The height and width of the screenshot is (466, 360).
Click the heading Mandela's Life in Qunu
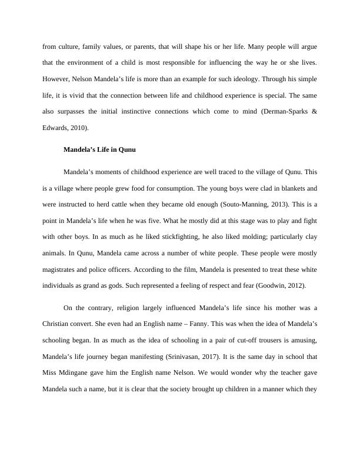pyautogui.click(x=99, y=150)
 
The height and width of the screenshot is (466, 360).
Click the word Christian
pyautogui.click(x=58, y=323)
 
